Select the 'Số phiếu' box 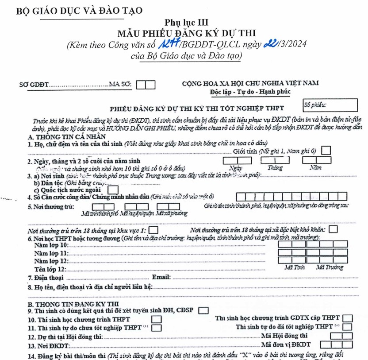(330, 105)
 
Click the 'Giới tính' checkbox (326, 151)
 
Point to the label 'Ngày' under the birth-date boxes (236, 168)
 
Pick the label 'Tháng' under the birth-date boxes (275, 168)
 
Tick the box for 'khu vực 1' (153, 230)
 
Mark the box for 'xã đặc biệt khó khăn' (333, 229)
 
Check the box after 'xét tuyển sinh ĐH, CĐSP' (203, 310)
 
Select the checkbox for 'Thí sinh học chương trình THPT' (156, 319)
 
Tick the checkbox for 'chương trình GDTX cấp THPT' (348, 318)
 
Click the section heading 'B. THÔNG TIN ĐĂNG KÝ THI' (73, 304)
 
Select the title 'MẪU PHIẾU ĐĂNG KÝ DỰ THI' (186, 33)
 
